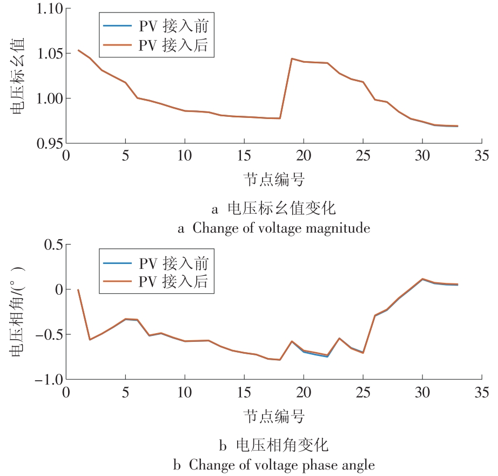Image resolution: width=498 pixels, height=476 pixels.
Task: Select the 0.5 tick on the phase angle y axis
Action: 52,244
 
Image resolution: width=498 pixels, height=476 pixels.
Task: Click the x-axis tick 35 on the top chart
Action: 481,156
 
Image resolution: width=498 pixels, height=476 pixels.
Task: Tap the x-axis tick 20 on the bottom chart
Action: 304,392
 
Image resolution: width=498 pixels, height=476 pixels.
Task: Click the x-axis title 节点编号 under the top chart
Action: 273,178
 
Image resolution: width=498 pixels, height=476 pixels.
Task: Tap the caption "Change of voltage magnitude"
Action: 281,228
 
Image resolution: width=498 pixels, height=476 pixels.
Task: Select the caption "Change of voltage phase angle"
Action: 281,465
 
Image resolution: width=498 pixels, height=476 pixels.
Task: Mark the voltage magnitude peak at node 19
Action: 292,58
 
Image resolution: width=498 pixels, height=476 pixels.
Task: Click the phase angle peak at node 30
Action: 422,279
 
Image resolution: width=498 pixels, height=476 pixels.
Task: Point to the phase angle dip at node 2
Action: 90,340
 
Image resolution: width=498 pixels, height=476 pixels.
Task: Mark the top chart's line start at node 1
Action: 78,50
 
